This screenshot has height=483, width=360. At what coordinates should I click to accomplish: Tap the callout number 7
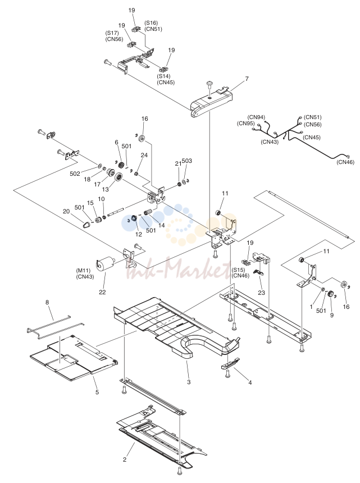pos(247,79)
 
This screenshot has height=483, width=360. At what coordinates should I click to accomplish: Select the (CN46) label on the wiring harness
pos(345,162)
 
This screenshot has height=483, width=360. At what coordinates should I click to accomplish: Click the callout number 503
pos(186,161)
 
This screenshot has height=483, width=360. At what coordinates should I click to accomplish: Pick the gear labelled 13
pos(119,178)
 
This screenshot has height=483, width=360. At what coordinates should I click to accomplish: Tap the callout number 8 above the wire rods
pos(47,303)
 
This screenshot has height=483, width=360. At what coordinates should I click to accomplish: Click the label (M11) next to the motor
pos(83,271)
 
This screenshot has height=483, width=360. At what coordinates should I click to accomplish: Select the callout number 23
pos(261,293)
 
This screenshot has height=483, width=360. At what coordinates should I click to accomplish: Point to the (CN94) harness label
pos(256,117)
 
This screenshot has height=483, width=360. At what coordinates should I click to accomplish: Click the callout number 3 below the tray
pos(189,382)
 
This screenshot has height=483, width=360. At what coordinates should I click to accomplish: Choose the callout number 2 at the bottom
pos(125,459)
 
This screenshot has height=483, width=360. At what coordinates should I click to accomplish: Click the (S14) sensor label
pos(164,76)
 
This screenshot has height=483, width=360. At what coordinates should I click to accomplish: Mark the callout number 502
pos(75,174)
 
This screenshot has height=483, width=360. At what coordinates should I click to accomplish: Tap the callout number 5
pos(97,392)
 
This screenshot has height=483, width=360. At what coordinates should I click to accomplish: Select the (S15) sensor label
pos(238,270)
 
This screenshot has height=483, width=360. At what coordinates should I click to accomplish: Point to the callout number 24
pos(144,155)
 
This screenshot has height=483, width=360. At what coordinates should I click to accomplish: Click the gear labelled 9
pos(331,294)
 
